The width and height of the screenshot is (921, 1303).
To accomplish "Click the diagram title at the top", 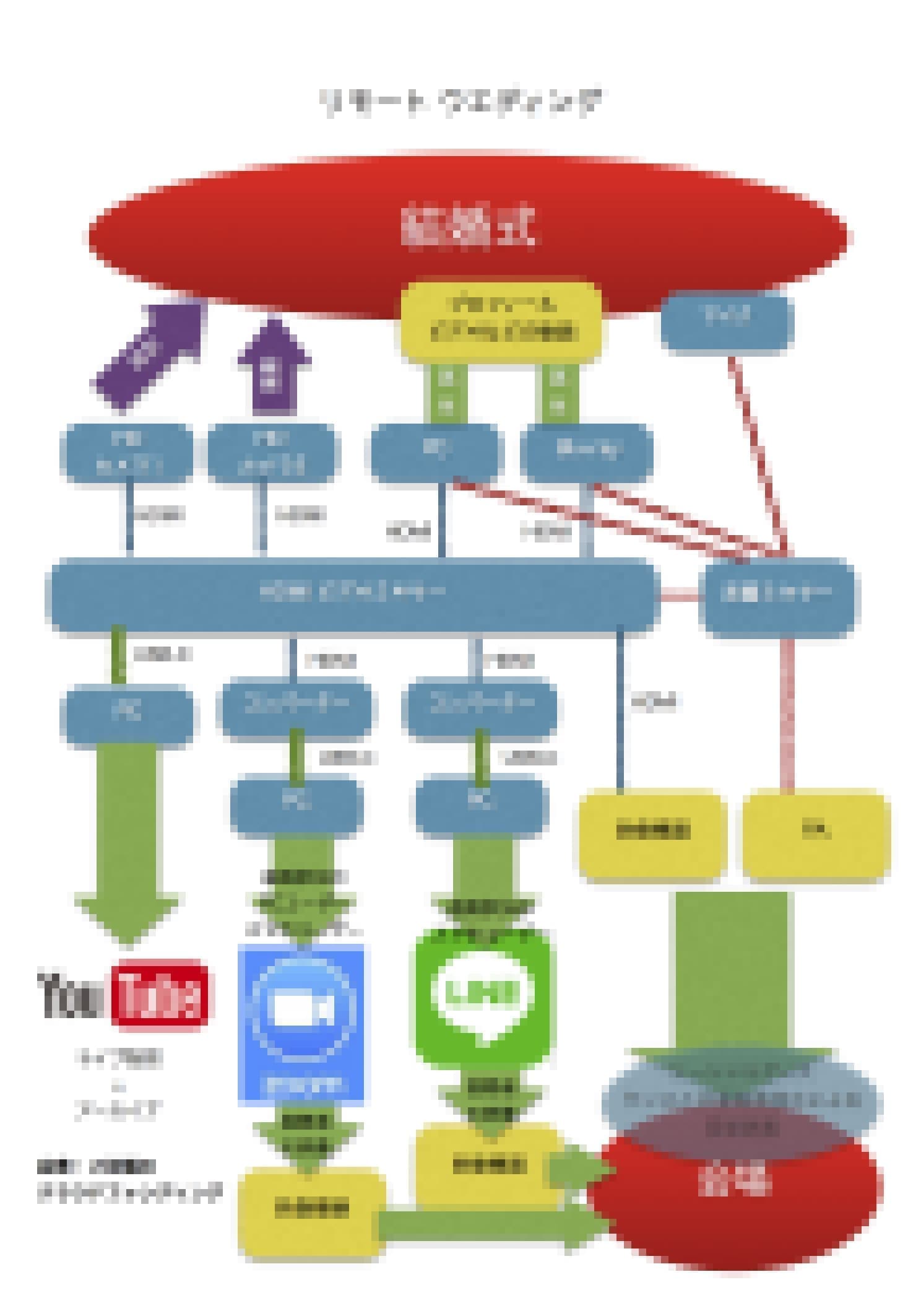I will [x=461, y=102].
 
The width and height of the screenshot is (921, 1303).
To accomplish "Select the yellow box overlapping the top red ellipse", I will [x=500, y=321].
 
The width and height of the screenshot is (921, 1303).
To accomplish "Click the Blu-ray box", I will [x=586, y=452].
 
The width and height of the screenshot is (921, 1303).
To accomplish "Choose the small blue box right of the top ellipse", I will [x=727, y=321].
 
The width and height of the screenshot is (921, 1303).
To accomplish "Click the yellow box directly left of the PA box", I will [x=652, y=831].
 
